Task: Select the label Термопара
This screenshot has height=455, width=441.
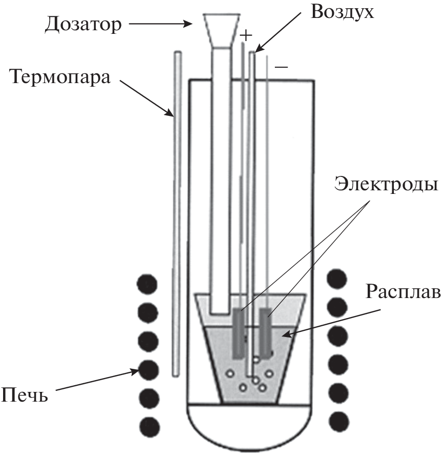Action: click(x=59, y=79)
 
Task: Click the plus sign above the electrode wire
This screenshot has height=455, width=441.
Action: click(x=247, y=35)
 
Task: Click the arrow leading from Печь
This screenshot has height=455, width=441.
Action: click(x=97, y=380)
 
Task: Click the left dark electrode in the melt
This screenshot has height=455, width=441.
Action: click(x=238, y=333)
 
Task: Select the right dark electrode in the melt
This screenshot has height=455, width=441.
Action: click(x=266, y=333)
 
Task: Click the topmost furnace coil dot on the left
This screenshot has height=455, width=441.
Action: click(x=148, y=283)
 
